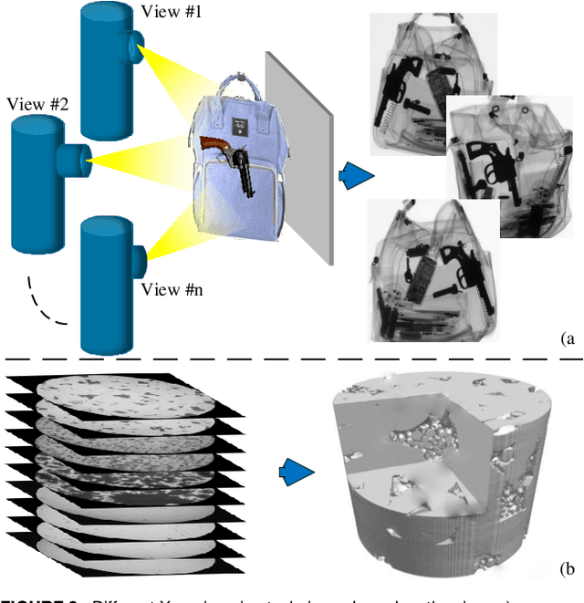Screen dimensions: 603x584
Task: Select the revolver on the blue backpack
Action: pos(233,160)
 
